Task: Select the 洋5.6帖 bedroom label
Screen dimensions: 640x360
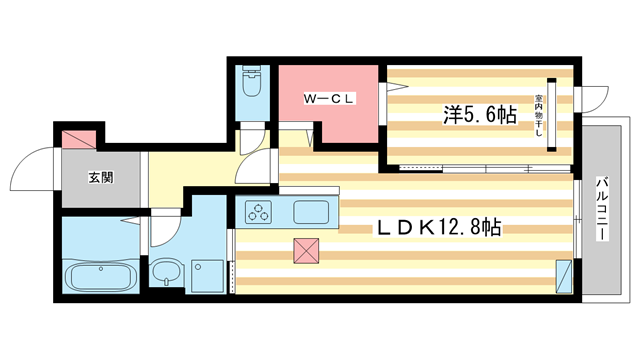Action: (480, 116)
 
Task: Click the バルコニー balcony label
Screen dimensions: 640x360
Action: (604, 209)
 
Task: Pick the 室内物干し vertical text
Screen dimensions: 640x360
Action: (538, 116)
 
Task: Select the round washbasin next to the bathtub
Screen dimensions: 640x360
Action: (166, 270)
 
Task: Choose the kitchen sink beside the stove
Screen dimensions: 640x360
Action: (311, 212)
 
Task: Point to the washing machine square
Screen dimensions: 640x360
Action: (209, 271)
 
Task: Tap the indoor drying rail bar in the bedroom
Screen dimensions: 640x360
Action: (550, 114)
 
